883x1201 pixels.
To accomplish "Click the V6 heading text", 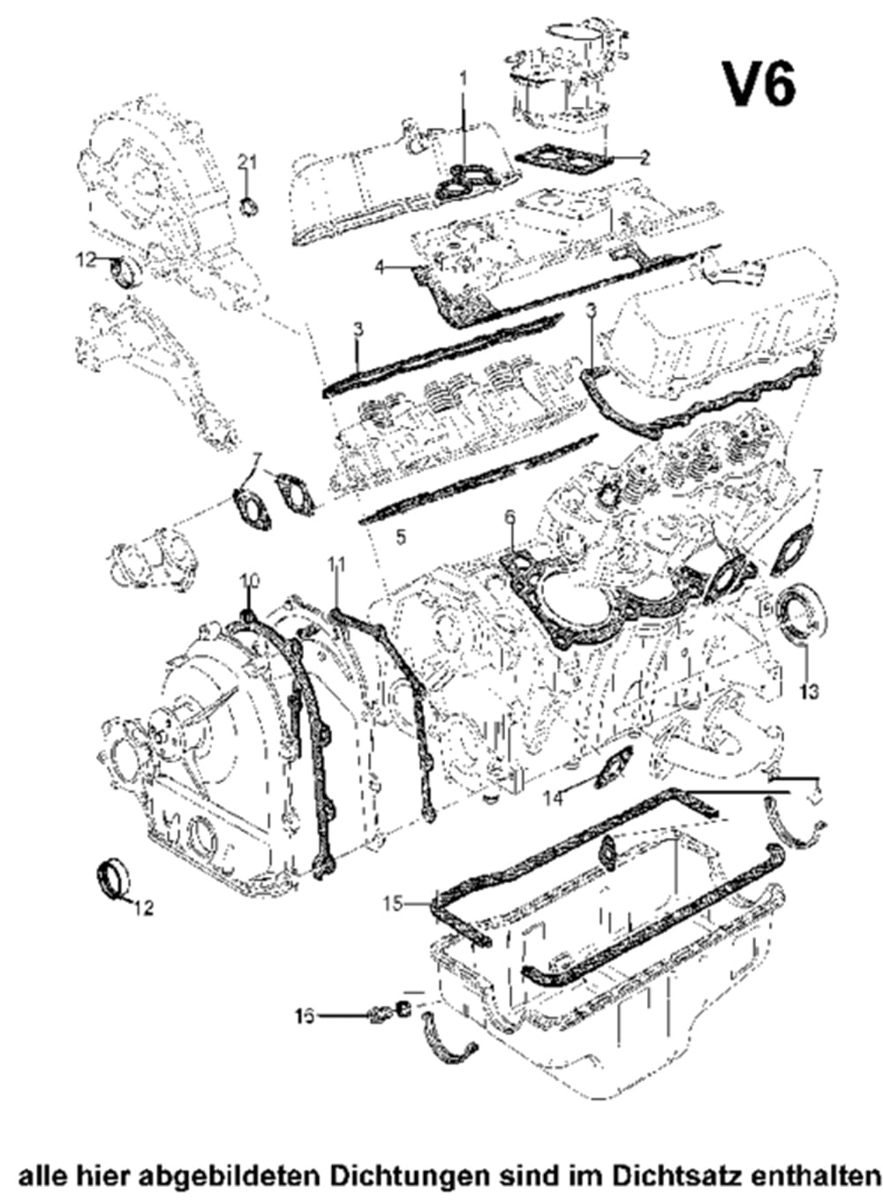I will [x=759, y=85].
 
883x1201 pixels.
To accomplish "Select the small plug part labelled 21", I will [x=250, y=207].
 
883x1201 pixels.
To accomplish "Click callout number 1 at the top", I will [x=462, y=79].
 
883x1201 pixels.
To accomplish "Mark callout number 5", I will [x=401, y=536].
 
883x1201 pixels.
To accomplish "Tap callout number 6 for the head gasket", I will [x=509, y=517].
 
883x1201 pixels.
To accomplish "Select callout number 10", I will [x=250, y=579].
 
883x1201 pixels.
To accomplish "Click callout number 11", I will [x=336, y=563].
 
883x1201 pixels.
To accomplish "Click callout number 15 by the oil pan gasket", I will [x=394, y=903].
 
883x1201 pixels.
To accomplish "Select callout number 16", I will [x=305, y=1016].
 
